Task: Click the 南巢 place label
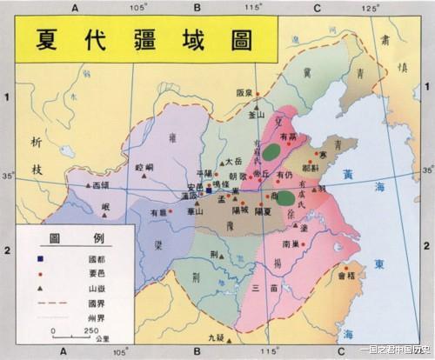coord(291,244)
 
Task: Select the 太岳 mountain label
coord(232,161)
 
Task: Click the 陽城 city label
coord(238,210)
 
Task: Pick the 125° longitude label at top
coord(371,8)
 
